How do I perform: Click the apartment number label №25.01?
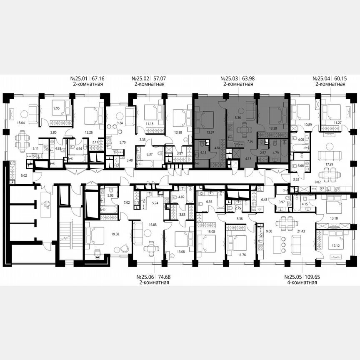click(79, 78)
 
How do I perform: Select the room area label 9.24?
click(120, 123)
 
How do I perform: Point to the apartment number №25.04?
click(322, 78)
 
